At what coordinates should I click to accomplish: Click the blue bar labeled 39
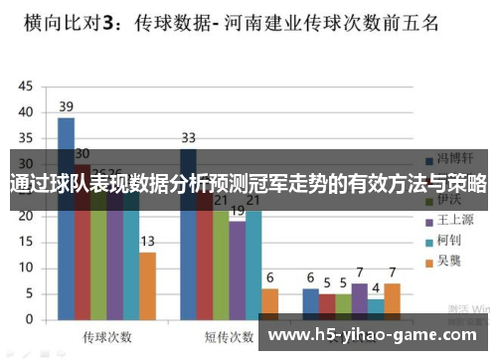(66, 219)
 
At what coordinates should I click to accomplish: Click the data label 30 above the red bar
(83, 153)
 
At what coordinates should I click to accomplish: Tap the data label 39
(66, 106)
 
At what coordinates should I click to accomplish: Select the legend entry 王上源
(453, 220)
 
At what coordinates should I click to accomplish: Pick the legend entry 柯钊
(449, 241)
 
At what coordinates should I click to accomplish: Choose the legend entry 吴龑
(449, 262)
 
